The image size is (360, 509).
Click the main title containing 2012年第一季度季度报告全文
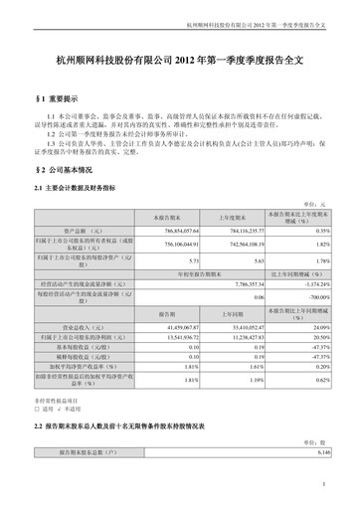[180, 62]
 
